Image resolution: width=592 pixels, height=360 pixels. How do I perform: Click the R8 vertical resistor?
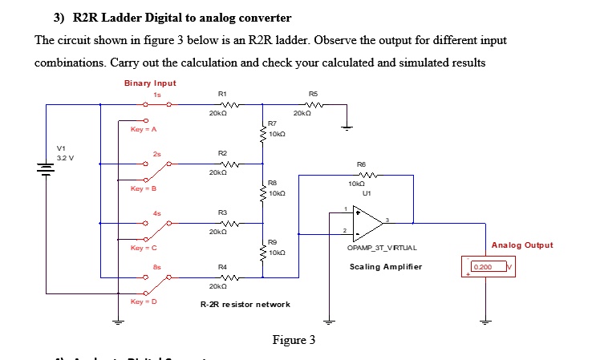[x=262, y=192]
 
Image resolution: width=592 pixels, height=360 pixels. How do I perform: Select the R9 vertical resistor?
[x=262, y=251]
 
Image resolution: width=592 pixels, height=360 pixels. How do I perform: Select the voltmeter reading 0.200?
[x=485, y=266]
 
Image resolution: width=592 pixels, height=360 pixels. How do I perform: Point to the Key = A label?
[x=144, y=129]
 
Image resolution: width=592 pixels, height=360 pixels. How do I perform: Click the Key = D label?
[x=144, y=302]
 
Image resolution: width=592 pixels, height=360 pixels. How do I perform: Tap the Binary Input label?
[x=150, y=83]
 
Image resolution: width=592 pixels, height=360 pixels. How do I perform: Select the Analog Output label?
[x=521, y=245]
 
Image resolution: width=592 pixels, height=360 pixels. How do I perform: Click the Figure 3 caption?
[x=294, y=340]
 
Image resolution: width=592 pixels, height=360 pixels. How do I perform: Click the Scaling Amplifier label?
[x=385, y=266]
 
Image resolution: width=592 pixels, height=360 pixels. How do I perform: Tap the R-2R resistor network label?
[x=245, y=304]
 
